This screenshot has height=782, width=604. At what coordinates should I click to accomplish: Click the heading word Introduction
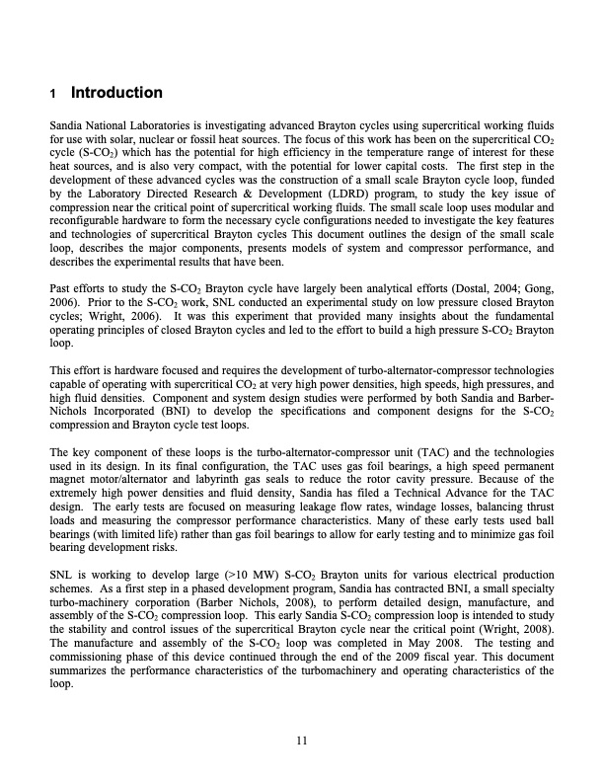pos(116,94)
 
